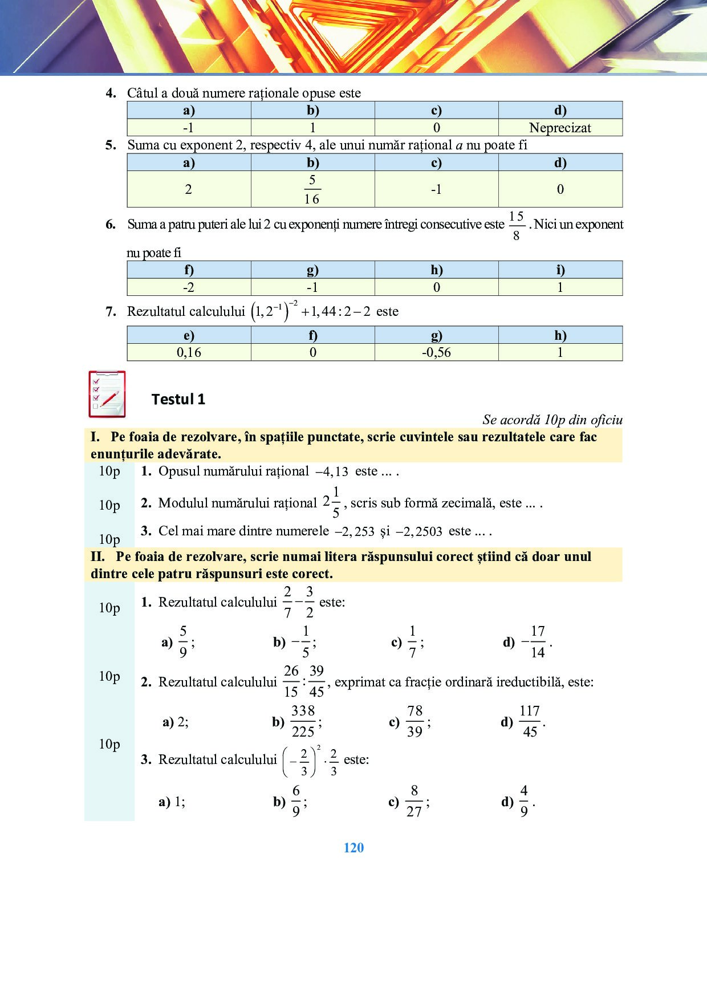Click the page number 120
click(x=353, y=848)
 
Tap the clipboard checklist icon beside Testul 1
click(x=107, y=394)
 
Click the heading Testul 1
click(x=178, y=399)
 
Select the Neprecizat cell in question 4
click(x=560, y=128)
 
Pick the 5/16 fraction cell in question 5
click(x=312, y=189)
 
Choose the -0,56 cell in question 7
click(x=436, y=352)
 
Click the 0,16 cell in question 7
click(x=189, y=352)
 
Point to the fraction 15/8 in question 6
click(x=516, y=226)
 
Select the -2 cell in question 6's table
click(x=189, y=287)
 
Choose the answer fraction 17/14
click(x=537, y=642)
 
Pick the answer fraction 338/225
click(x=303, y=722)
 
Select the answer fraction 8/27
click(x=415, y=802)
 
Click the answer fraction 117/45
click(x=530, y=722)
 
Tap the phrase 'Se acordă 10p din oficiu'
click(x=552, y=420)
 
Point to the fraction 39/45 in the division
click(x=316, y=681)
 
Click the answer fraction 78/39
click(x=415, y=722)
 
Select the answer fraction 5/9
click(x=183, y=642)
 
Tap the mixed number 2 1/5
click(x=332, y=502)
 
